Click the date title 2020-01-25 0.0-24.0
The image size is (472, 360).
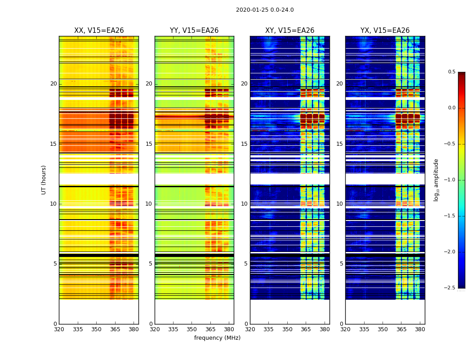[x=265, y=10]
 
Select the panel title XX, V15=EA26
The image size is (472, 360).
[x=99, y=31]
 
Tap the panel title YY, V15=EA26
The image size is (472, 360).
[x=194, y=31]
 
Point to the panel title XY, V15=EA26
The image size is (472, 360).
[x=289, y=31]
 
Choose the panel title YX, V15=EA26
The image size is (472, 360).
[x=385, y=31]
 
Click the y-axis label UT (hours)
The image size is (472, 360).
[x=44, y=180]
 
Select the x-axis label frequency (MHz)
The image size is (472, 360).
[x=217, y=338]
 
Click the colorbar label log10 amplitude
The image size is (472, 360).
[x=436, y=180]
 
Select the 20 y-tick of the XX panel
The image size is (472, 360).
[x=53, y=84]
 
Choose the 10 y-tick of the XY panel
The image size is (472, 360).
[x=244, y=204]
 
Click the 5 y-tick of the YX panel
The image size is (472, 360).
[x=341, y=264]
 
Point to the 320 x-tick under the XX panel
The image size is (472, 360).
[x=59, y=329]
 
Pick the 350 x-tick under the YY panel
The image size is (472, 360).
[x=192, y=329]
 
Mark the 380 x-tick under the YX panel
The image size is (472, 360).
[x=420, y=329]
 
